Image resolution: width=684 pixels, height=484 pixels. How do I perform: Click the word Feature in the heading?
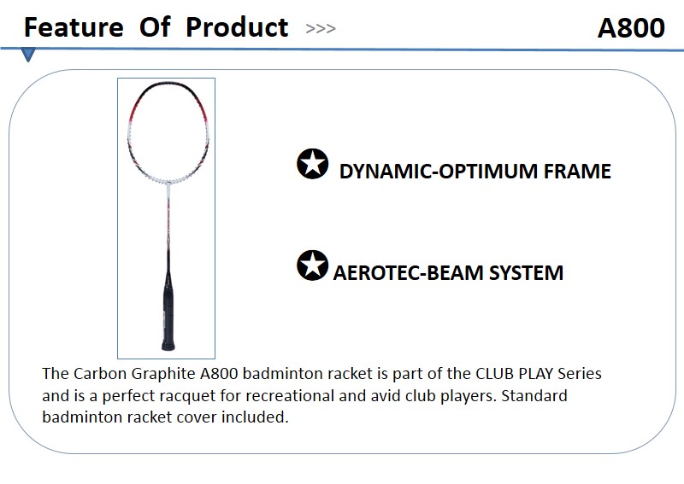click(74, 27)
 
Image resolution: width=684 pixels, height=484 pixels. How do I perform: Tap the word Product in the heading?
click(237, 27)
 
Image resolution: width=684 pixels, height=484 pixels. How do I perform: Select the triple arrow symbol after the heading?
click(321, 29)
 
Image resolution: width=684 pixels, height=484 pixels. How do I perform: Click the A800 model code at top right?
click(631, 28)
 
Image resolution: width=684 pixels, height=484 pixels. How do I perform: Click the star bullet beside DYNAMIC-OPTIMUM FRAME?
click(312, 164)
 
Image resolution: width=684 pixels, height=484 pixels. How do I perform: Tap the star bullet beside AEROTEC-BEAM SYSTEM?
click(312, 265)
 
